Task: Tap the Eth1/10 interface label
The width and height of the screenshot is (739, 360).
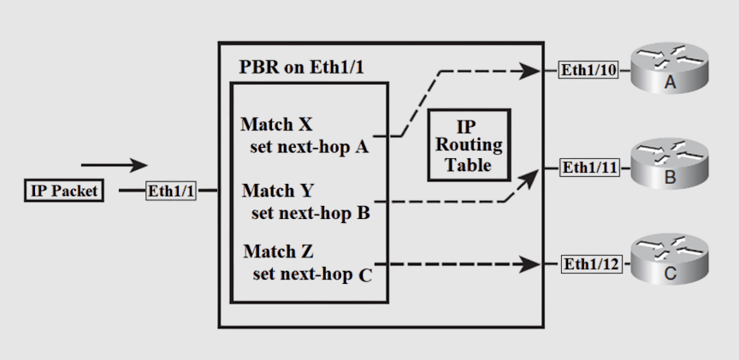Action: click(588, 70)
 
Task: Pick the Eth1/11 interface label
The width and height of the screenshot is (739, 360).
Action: click(589, 168)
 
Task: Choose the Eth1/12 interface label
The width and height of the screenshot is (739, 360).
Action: click(589, 264)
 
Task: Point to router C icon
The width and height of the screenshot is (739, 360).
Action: click(670, 262)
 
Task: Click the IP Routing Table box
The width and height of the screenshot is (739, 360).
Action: click(469, 145)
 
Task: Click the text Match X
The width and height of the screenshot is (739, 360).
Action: click(276, 125)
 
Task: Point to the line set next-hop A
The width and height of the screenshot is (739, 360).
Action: click(309, 147)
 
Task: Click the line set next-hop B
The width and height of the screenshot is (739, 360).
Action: click(310, 212)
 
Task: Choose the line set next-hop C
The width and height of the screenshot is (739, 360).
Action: click(312, 275)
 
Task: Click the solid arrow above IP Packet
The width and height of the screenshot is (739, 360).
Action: click(115, 165)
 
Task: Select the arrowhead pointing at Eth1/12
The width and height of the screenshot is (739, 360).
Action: click(537, 264)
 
